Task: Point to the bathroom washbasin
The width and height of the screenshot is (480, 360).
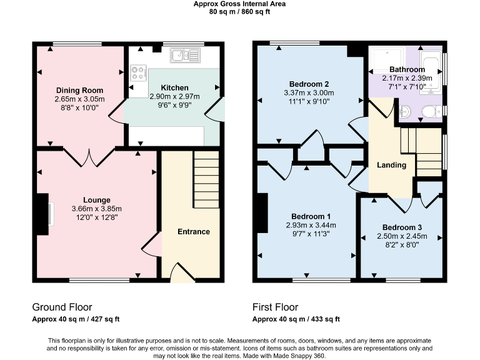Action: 404,112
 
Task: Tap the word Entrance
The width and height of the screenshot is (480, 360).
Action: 194,232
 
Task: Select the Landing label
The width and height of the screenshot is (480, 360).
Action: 392,165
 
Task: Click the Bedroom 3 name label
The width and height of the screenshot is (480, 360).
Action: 402,227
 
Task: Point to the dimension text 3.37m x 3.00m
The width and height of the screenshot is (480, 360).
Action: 309,93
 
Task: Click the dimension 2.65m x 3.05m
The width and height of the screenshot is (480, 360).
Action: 79,99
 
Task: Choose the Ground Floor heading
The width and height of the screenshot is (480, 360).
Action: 62,307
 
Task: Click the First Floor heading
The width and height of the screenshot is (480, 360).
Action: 275,307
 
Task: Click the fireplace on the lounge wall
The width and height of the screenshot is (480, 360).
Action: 42,214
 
